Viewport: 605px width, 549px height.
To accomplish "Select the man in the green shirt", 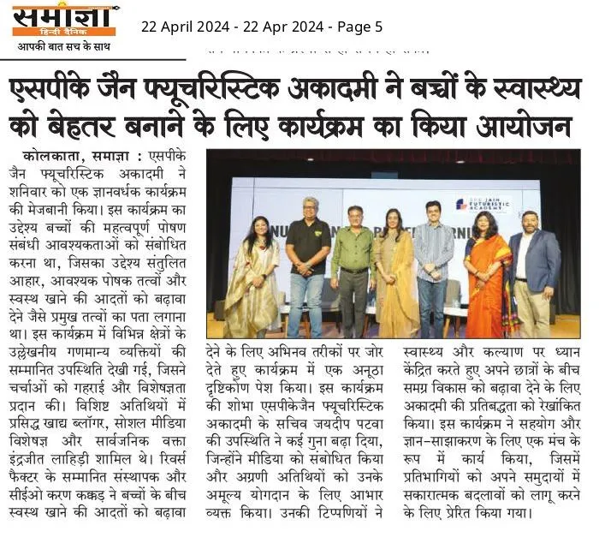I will click(x=352, y=266).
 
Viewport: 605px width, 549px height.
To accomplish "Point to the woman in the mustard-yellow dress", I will click(x=394, y=270).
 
